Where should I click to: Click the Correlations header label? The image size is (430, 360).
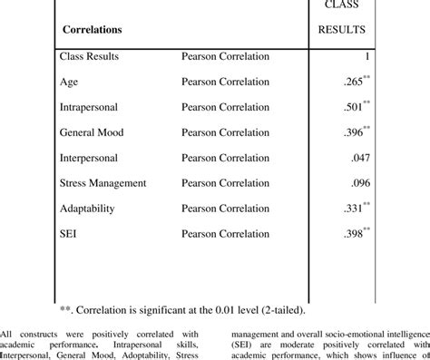(93, 30)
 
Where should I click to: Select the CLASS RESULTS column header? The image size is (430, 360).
(341, 18)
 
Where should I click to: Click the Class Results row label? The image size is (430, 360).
(88, 57)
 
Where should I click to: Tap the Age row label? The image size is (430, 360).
(68, 82)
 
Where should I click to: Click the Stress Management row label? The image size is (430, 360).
(103, 183)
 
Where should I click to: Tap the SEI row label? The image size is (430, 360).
(68, 234)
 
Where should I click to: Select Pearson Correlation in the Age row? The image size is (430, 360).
(225, 82)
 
